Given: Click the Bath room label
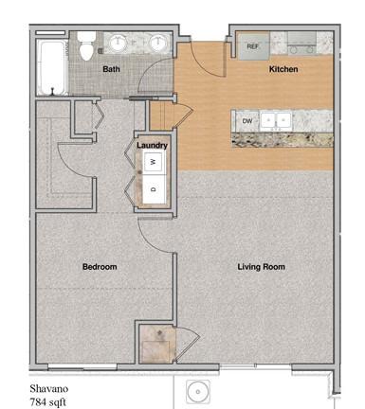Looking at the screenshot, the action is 111,69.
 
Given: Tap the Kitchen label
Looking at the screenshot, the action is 283,69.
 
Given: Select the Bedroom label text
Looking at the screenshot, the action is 100,267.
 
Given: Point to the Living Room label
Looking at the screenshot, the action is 261,267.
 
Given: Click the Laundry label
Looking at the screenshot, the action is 152,145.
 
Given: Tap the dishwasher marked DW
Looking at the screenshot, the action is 247,121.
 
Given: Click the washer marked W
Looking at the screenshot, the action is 154,162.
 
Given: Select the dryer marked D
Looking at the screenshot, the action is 154,189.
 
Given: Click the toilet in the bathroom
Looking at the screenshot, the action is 86,46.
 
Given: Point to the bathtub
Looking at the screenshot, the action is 52,67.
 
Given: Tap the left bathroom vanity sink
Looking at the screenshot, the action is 119,44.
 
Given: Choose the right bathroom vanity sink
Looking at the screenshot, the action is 158,44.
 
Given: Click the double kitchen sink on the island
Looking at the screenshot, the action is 276,120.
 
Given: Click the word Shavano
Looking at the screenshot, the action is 49,388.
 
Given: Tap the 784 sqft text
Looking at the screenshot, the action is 48,402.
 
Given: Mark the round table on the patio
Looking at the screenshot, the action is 198,392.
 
